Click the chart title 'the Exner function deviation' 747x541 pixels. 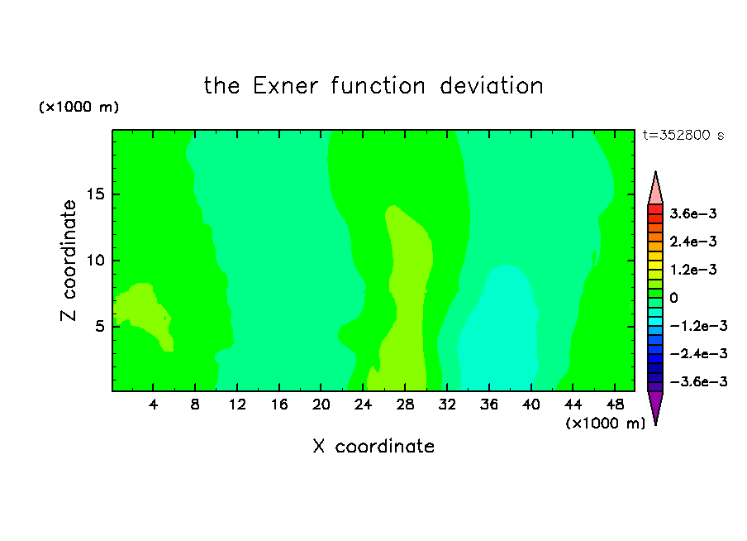point(373,86)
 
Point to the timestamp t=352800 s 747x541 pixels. point(683,136)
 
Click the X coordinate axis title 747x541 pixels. point(373,446)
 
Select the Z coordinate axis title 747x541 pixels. point(69,261)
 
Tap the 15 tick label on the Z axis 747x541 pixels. point(95,194)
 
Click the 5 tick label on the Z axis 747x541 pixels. point(100,326)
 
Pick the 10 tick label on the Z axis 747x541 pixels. point(95,261)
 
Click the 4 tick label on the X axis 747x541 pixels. point(153,405)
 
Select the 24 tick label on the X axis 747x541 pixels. point(363,405)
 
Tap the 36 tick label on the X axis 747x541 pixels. point(489,405)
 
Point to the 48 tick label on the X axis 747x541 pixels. point(615,405)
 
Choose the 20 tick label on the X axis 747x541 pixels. point(321,405)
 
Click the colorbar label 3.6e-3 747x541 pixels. point(693,213)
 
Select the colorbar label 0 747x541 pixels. point(673,298)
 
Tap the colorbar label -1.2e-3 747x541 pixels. point(699,326)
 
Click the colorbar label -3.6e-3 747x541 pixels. point(699,381)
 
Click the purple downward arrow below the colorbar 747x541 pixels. point(655,405)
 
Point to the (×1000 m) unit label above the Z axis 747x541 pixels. point(79,107)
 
